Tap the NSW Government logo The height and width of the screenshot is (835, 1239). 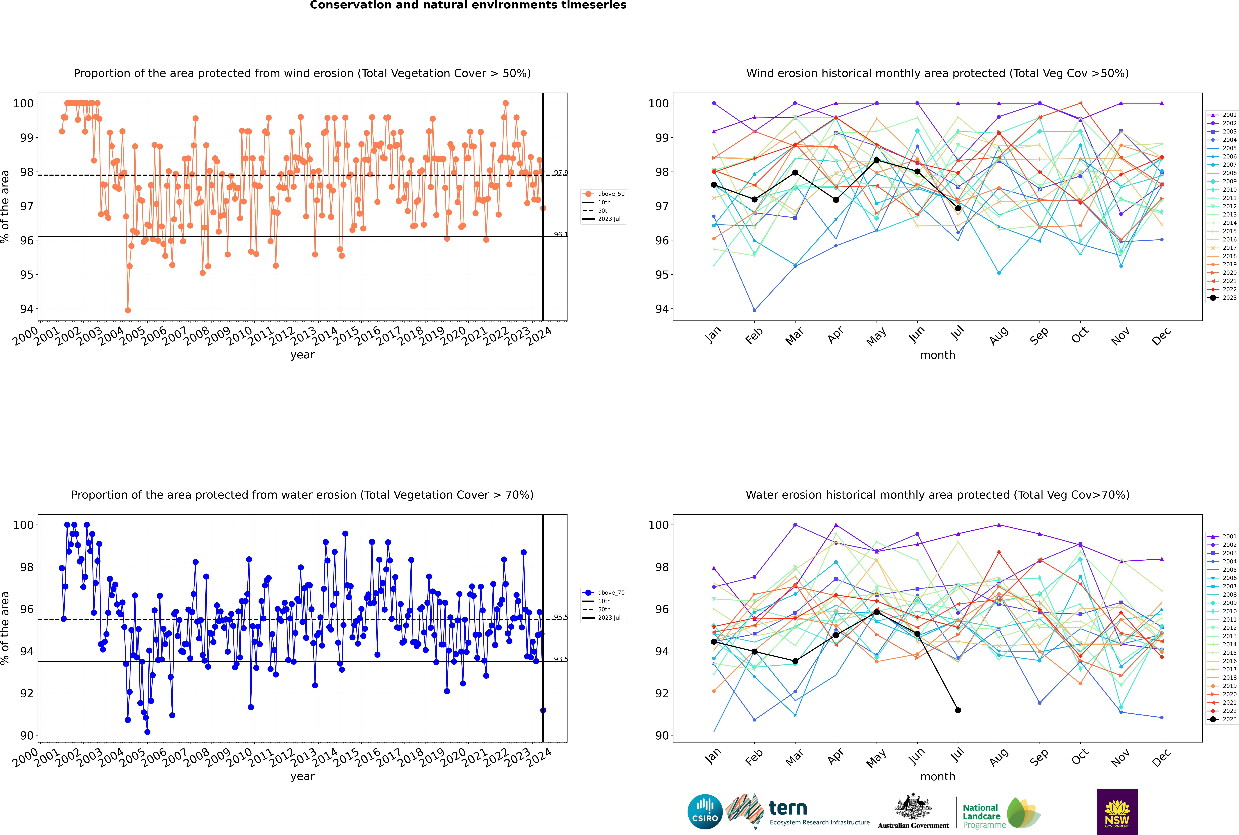point(1117,811)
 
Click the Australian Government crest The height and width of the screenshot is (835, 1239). point(913,807)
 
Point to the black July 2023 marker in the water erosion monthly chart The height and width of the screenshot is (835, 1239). point(958,710)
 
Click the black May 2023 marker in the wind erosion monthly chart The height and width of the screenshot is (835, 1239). point(876,160)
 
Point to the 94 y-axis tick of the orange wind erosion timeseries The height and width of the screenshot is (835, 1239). point(27,309)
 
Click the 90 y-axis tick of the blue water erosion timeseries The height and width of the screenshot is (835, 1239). point(27,735)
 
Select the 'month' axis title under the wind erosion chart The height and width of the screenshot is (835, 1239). point(937,355)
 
